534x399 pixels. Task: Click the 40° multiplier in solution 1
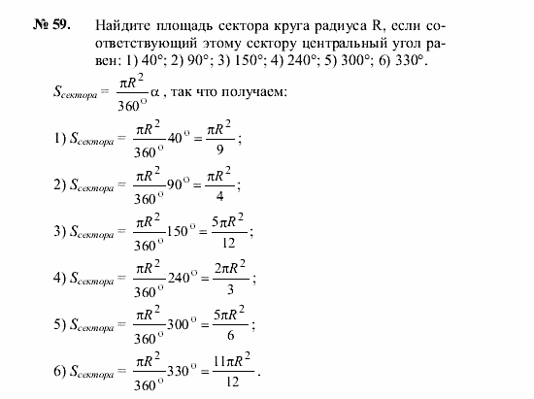176,139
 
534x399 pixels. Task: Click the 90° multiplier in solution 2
176,184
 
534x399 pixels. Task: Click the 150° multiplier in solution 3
180,231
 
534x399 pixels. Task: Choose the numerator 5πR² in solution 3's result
228,220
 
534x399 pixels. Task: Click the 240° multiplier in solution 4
182,279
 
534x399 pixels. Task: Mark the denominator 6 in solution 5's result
229,336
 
